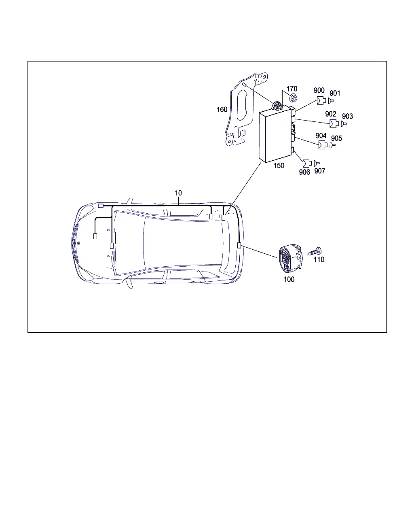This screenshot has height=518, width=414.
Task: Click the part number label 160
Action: click(x=222, y=110)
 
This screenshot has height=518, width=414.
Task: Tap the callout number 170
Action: click(x=292, y=89)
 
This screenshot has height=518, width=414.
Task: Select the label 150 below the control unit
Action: click(x=279, y=166)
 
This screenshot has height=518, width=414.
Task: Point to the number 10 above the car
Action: click(x=178, y=193)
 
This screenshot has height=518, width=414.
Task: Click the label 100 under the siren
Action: click(x=289, y=280)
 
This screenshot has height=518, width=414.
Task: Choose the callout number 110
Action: click(x=319, y=259)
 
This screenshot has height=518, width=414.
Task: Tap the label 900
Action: click(x=319, y=91)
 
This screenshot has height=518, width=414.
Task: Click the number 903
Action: click(x=347, y=116)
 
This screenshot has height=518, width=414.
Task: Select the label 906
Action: click(x=304, y=172)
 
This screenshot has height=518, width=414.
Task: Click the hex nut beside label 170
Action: click(x=293, y=98)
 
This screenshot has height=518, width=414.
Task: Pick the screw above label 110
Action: click(x=315, y=251)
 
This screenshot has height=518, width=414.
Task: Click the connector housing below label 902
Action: click(x=334, y=123)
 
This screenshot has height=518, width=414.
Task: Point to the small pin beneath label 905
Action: click(x=332, y=145)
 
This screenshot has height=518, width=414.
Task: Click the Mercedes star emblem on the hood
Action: click(x=74, y=243)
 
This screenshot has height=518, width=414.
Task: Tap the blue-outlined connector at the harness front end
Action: click(x=101, y=206)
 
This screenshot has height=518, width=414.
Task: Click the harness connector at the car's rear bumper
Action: click(x=239, y=245)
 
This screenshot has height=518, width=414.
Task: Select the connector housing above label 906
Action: click(x=307, y=163)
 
